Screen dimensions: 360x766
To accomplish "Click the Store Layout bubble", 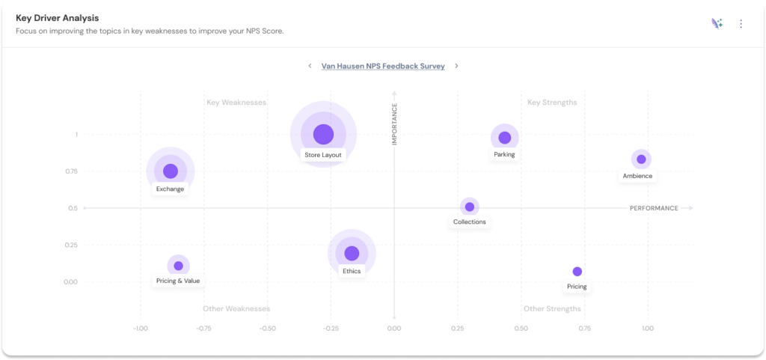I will pos(323,134).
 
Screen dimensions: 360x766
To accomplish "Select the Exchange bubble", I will pos(171,171).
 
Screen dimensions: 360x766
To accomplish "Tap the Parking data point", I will pos(505,138).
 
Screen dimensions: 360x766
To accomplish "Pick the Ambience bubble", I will pos(641,159).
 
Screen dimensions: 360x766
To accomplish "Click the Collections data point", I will pos(470,207).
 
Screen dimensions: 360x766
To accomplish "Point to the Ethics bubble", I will pos(352,253).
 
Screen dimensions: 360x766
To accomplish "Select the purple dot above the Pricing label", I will pos(577,271).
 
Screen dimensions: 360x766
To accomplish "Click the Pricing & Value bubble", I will pos(178,266).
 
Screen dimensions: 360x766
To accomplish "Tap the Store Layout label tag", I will pos(323,155).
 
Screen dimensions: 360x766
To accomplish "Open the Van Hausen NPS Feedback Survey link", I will pos(383,66).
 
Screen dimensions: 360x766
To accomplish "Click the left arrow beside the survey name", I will pos(310,66).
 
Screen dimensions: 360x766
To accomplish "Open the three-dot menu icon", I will pos(741,24).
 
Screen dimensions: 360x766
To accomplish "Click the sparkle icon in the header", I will pos(717,24).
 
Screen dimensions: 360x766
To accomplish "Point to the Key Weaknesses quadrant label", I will pos(236,103).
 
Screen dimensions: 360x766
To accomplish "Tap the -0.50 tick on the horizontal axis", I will pos(267,328).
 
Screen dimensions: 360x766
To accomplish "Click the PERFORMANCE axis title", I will pos(654,208).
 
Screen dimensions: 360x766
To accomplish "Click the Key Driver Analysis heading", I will pos(58,17).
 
